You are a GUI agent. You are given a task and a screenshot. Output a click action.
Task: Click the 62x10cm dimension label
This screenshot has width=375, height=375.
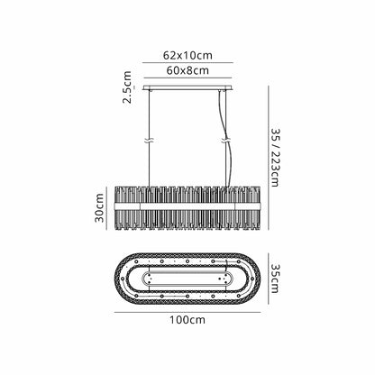click(x=187, y=55)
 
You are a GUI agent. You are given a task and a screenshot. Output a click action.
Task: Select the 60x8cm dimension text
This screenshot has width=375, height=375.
click(x=187, y=70)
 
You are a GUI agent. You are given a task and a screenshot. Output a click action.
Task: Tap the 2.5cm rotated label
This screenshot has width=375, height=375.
click(x=127, y=87)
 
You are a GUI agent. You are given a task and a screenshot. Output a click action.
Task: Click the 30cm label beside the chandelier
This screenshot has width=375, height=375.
click(x=99, y=208)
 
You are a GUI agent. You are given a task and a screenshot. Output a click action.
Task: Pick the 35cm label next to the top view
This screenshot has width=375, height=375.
click(x=275, y=279)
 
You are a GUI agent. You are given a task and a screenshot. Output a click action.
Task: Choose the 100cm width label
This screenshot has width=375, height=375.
click(x=187, y=320)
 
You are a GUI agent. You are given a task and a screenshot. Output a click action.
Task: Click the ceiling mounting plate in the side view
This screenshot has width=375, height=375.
click(x=187, y=88)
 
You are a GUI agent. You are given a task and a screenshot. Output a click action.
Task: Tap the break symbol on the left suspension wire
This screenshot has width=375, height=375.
click(x=150, y=141)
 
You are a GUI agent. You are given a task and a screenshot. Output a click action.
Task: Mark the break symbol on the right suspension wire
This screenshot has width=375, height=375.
click(x=226, y=141)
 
